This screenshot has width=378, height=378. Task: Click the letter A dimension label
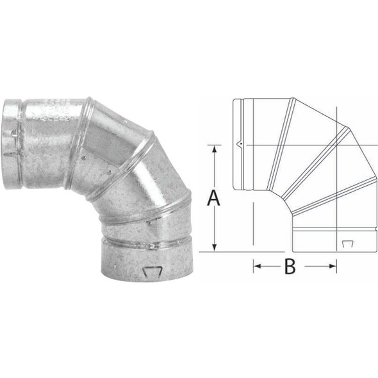[x=214, y=199]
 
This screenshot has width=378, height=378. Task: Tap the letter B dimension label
[x=290, y=267]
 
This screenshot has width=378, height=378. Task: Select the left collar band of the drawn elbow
[x=236, y=145]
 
